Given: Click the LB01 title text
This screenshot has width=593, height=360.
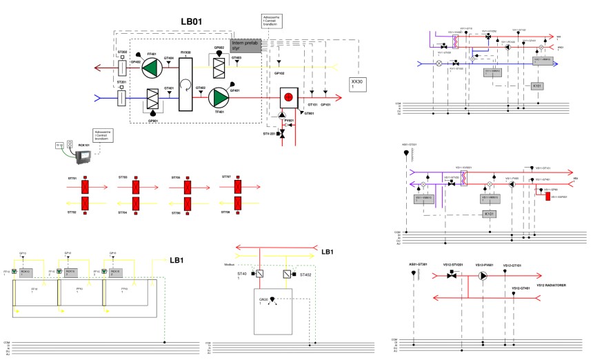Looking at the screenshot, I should point(191,22).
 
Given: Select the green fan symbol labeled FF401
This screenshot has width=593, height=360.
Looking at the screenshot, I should point(150,67).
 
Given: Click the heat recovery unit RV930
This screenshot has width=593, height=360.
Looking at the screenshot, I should point(185,82).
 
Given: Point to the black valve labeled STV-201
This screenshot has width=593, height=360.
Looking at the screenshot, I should point(281,133).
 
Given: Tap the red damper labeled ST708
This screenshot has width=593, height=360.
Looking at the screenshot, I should point(237,204).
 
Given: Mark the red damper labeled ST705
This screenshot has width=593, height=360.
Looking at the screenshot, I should point(186,187).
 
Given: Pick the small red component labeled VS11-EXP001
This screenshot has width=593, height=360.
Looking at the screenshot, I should point(547,196).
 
